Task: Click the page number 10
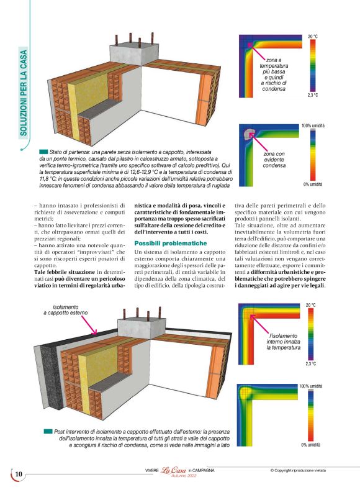point(18,475)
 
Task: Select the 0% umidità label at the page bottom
point(312,445)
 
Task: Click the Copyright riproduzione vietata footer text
point(306,470)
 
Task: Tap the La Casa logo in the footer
point(174,470)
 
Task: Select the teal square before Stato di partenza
point(43,152)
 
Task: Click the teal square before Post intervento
point(48,430)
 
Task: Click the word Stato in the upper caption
point(56,152)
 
